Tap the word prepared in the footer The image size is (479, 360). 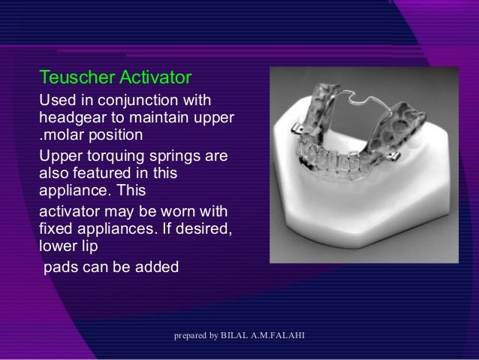(x=190, y=334)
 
